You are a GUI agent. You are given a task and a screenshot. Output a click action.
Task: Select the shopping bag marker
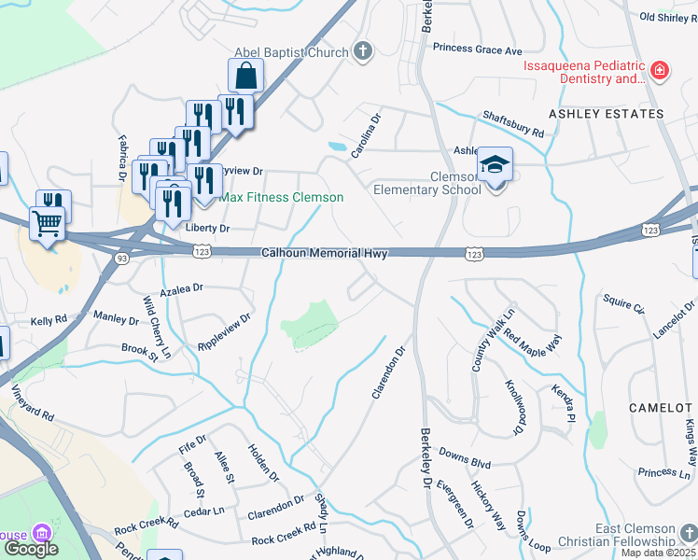coord(244,77)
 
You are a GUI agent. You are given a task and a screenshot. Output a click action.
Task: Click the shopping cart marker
coord(47,224)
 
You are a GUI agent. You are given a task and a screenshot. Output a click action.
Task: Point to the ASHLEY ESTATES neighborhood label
coord(606,114)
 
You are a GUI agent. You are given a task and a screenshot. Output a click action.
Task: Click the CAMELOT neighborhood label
coord(662,409)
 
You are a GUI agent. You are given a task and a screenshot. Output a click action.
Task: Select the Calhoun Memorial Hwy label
coord(324,253)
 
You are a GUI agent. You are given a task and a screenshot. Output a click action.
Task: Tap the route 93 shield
coord(121,258)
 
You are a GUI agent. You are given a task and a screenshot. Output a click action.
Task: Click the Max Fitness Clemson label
coord(282,198)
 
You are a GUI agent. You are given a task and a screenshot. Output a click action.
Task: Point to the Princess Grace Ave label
coord(478,49)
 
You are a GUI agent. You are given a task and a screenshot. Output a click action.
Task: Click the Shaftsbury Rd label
coord(512,124)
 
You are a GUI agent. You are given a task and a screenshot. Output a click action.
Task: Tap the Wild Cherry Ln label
coord(156,327)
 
